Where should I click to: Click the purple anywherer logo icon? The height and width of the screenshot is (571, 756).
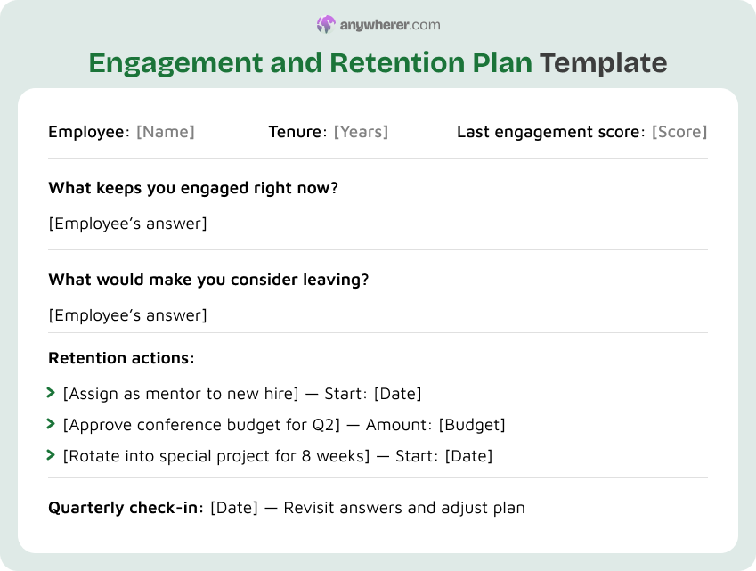pos(326,25)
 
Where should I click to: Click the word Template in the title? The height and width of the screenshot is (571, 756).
pos(603,63)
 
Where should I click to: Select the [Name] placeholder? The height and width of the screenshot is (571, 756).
pos(165,132)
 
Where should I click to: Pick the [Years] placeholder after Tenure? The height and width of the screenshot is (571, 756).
pos(361,132)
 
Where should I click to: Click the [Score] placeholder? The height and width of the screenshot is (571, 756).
pos(679,132)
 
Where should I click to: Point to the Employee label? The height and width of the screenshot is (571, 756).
pos(87,132)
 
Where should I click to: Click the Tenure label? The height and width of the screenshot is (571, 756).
pos(295,132)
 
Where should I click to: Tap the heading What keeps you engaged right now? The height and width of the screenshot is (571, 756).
pos(193,188)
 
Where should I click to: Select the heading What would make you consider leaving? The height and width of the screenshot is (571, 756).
pos(208,279)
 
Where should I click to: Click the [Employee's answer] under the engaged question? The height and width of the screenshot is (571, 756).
pos(127,224)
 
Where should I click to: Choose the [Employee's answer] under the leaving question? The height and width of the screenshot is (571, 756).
pos(127,315)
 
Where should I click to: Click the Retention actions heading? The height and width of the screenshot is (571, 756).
pos(119,358)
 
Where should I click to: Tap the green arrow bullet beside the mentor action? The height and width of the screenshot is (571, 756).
pos(51,393)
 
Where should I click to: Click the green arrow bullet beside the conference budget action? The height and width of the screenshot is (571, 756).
pos(51,424)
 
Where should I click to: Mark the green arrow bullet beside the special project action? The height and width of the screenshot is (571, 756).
pos(51,455)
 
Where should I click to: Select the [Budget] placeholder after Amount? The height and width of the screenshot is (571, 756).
pos(472,425)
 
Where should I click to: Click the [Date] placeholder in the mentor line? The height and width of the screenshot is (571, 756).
pos(397,394)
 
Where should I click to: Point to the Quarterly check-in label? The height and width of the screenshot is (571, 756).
pos(125,508)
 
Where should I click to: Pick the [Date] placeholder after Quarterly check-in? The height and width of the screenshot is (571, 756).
pos(233,508)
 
